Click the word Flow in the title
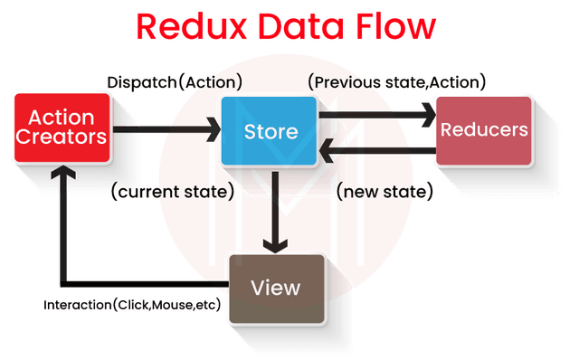click(x=397, y=26)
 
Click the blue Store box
click(x=271, y=131)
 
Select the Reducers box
click(x=484, y=129)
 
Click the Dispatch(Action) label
click(x=174, y=82)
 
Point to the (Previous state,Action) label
click(x=397, y=82)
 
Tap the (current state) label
click(x=171, y=192)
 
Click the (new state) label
click(x=385, y=192)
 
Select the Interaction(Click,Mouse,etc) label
click(x=132, y=305)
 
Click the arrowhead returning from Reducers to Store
click(x=331, y=150)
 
